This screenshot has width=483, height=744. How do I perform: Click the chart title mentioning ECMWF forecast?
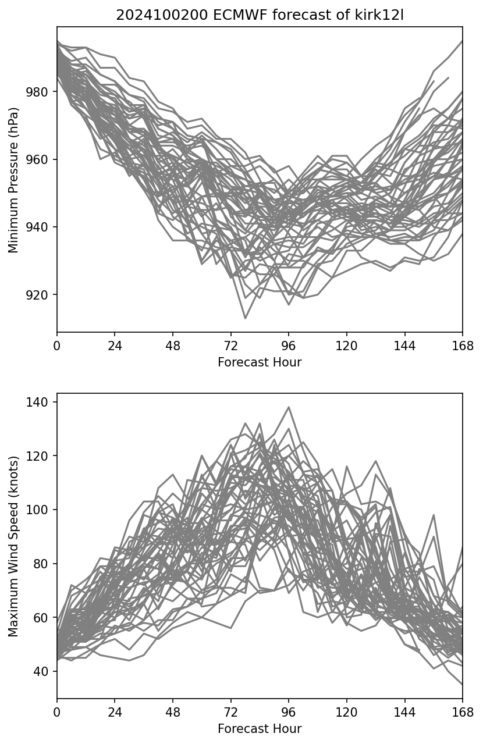click(x=260, y=16)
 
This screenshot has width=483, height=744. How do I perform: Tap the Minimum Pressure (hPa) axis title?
click(x=13, y=180)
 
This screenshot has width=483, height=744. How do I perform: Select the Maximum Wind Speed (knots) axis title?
click(x=13, y=546)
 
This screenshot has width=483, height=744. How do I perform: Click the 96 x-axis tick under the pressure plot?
click(x=289, y=346)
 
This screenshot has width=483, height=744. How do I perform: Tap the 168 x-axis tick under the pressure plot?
click(x=463, y=346)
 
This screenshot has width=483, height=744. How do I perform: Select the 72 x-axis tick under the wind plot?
click(x=231, y=713)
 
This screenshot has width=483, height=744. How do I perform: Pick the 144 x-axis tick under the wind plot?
click(x=404, y=713)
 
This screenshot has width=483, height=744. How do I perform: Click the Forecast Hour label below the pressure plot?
click(x=260, y=362)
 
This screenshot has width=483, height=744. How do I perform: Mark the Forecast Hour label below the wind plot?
click(x=260, y=729)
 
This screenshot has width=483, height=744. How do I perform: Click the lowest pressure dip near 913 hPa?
click(x=245, y=318)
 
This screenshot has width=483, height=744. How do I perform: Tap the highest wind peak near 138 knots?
click(x=289, y=407)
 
